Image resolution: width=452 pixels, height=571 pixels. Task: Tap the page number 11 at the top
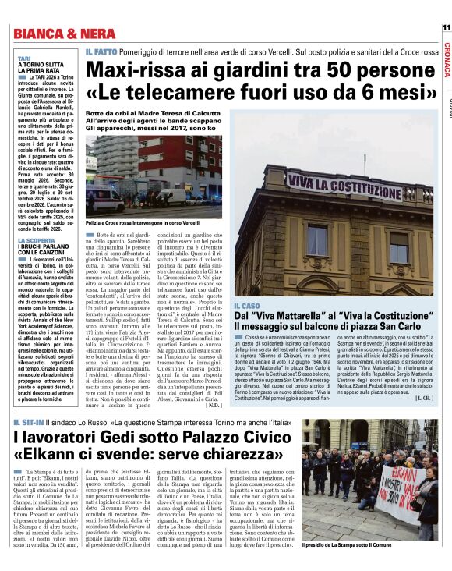tap(446, 27)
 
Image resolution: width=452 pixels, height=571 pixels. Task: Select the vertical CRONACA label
tap(446, 59)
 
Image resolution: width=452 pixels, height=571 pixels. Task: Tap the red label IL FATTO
tap(101, 51)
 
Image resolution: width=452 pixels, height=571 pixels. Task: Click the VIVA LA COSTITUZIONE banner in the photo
tap(343, 183)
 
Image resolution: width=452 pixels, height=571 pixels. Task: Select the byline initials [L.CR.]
tap(425, 399)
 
